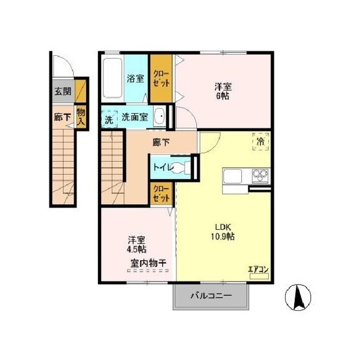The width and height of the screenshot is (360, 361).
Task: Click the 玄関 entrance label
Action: (x=63, y=91)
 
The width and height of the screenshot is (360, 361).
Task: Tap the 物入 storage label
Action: (x=81, y=117)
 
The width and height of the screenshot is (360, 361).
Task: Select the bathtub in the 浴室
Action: (x=112, y=78)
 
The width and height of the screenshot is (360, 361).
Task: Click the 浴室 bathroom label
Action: (x=136, y=78)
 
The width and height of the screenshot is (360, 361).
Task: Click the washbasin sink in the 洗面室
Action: (x=160, y=117)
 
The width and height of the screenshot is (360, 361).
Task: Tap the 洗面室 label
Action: (x=135, y=117)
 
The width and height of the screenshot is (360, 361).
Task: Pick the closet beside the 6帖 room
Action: (x=161, y=78)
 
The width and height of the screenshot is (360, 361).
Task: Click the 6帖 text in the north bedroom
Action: (x=223, y=96)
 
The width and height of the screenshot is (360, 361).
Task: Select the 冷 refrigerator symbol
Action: (x=261, y=142)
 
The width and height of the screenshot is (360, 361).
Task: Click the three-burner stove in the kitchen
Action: (x=260, y=175)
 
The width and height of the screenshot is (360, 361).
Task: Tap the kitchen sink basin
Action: (x=232, y=176)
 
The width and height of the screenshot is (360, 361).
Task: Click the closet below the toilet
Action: (x=161, y=193)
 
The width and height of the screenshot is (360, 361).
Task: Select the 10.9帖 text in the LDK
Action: (x=223, y=236)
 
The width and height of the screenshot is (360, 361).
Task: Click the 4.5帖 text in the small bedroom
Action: (x=137, y=249)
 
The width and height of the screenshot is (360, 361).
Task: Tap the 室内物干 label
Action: (x=148, y=263)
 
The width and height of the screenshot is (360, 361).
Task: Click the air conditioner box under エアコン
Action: (x=259, y=276)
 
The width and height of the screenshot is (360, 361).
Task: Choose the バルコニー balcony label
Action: (x=211, y=296)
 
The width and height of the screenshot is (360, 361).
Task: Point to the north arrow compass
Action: (x=298, y=297)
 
